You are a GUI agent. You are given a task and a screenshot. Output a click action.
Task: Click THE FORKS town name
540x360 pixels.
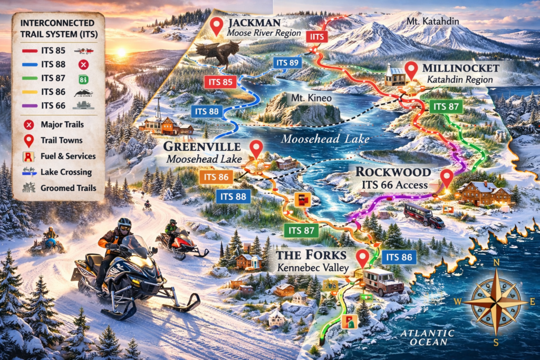[312, 256]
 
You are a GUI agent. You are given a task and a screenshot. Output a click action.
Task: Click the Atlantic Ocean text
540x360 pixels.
[427, 338]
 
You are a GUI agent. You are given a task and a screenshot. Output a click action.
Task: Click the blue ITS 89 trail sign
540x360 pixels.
[287, 63]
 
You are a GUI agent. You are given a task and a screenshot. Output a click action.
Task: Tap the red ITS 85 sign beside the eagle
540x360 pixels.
[218, 82]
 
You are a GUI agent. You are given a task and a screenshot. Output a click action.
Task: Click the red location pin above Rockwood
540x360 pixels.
[447, 178]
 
